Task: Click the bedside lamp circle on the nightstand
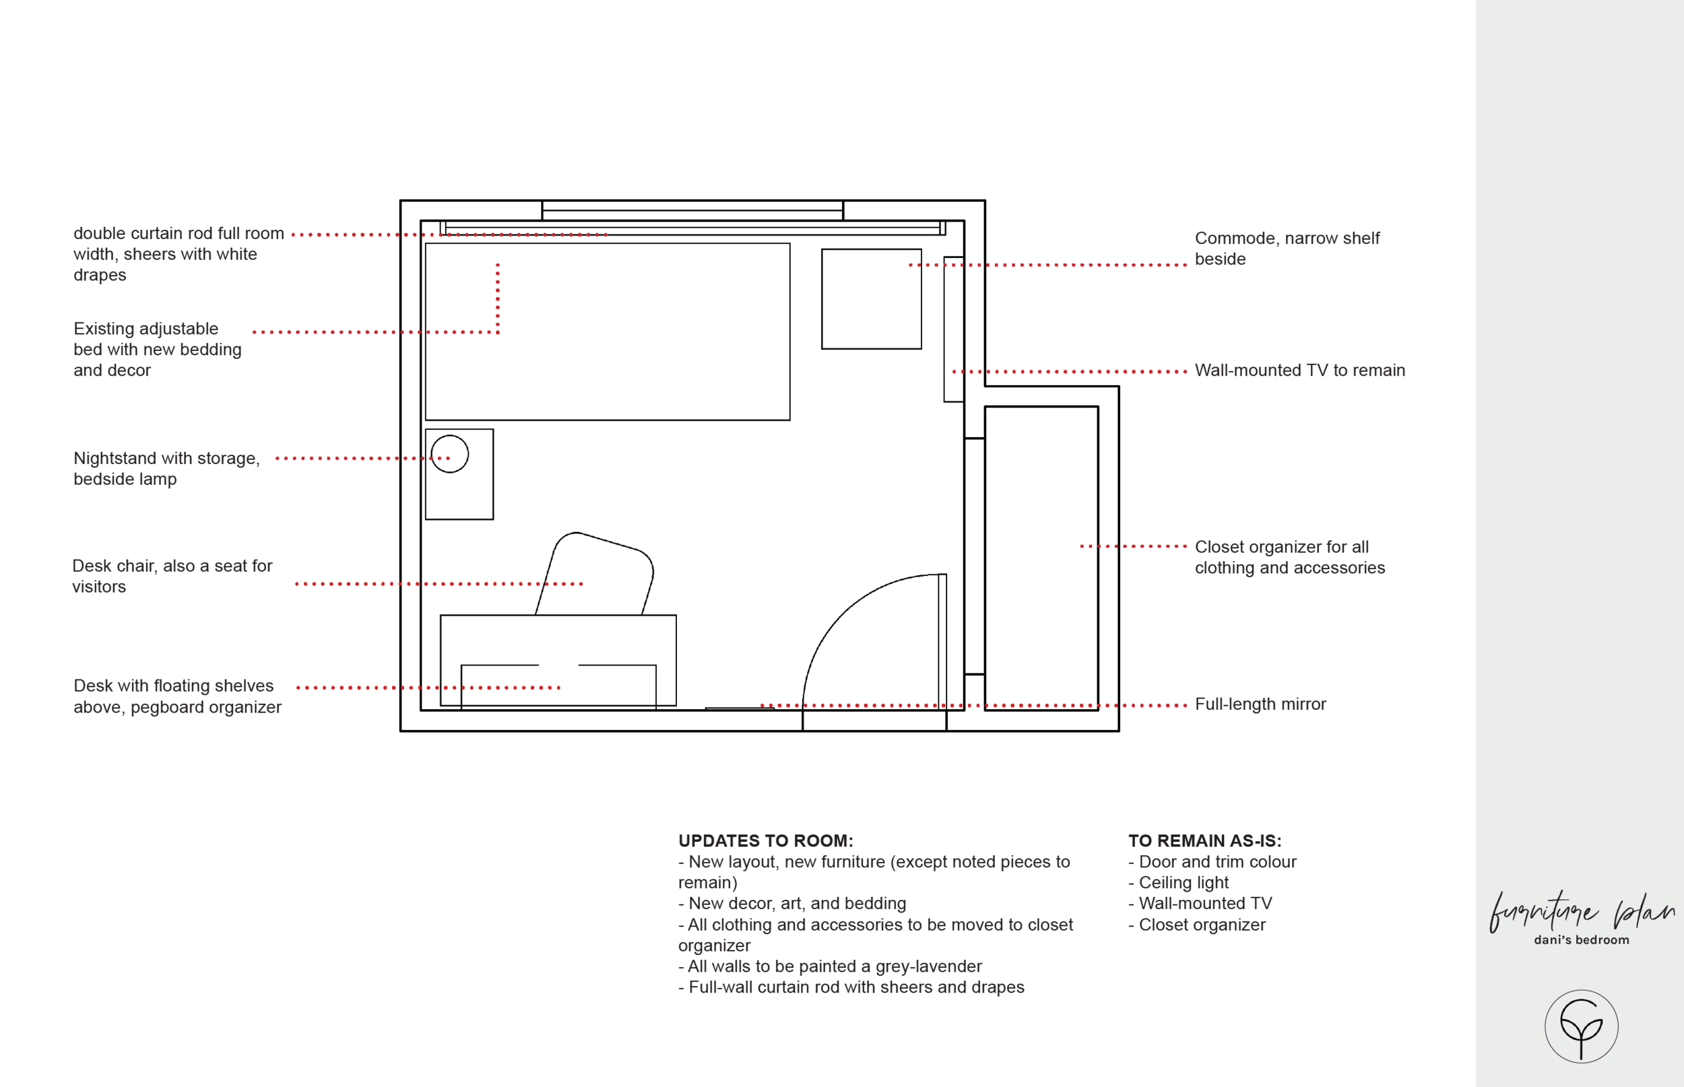(x=449, y=454)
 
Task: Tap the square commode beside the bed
(x=871, y=298)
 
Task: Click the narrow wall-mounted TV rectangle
(x=954, y=329)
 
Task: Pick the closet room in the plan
(x=1041, y=558)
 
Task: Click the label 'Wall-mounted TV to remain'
(x=1299, y=370)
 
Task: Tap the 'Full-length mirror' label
(x=1260, y=704)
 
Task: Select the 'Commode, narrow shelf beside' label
(x=1287, y=249)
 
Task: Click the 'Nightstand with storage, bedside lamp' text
(x=166, y=469)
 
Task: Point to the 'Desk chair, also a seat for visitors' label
(x=172, y=576)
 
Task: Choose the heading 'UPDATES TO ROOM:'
(x=765, y=841)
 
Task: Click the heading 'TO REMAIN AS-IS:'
(x=1204, y=841)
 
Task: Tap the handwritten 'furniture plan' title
(x=1581, y=912)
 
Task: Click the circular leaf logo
(x=1581, y=1026)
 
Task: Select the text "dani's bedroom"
(x=1581, y=940)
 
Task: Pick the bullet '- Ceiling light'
(x=1178, y=883)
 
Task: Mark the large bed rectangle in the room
(x=607, y=332)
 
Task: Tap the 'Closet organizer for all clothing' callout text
(x=1289, y=557)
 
